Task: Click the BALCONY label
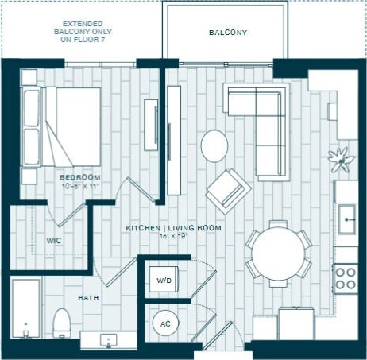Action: point(228,33)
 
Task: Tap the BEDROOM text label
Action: point(79,176)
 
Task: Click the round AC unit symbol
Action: point(165,324)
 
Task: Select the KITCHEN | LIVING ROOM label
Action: point(173,228)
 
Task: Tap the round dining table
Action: point(277,254)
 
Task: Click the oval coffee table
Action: point(214,146)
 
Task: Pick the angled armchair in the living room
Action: point(228,191)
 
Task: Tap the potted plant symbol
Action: point(342,158)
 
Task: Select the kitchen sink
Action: point(347,218)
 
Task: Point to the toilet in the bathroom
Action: point(61,323)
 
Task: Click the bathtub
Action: point(25,310)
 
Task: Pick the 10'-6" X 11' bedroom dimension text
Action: point(79,186)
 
